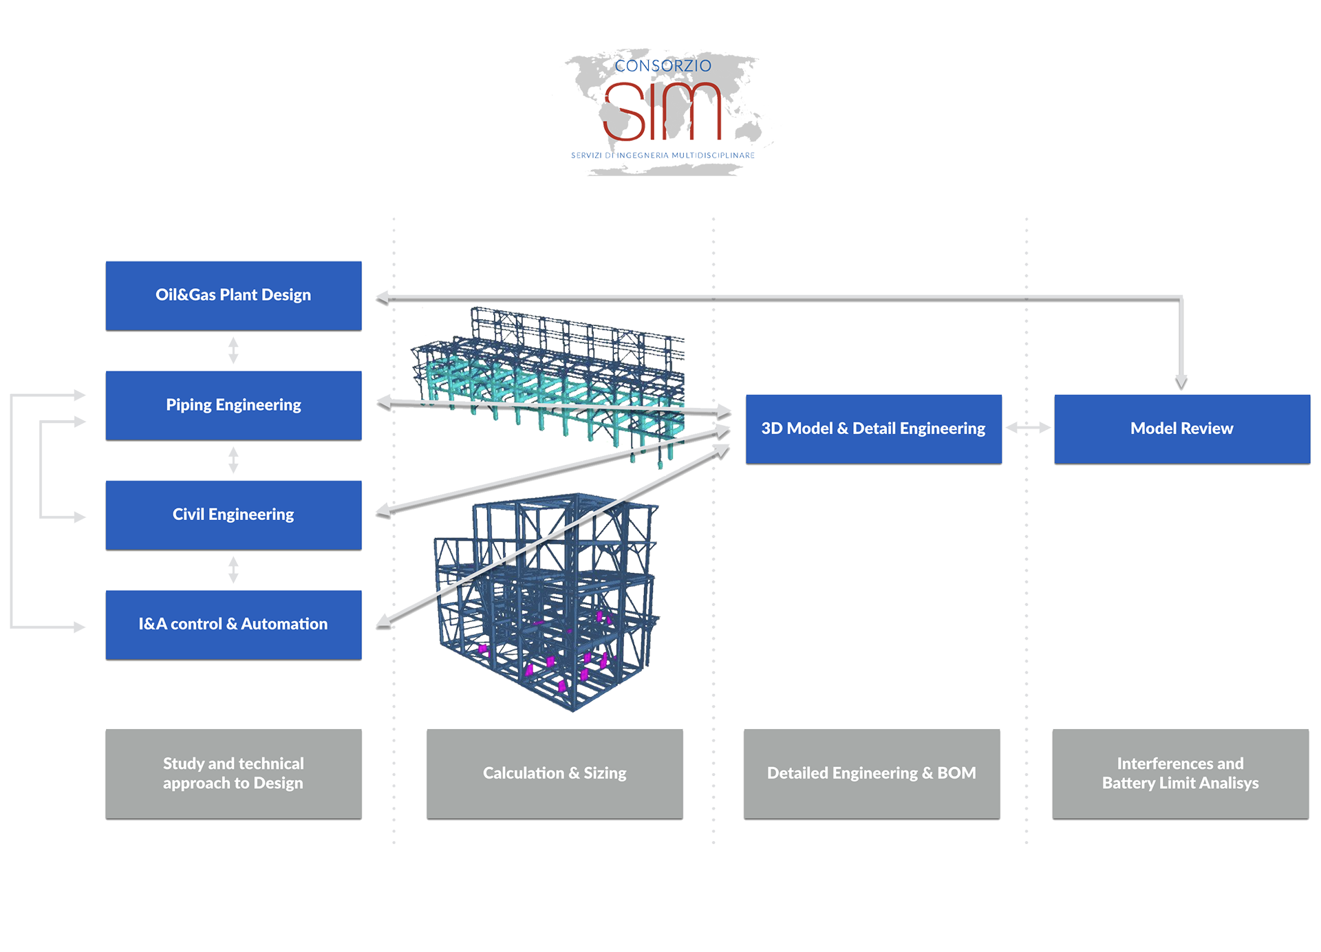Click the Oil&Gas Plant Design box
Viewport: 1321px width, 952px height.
pos(233,296)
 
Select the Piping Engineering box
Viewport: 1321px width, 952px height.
pos(233,406)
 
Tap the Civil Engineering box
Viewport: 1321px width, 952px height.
pos(233,515)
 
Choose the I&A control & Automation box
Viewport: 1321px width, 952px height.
pos(233,625)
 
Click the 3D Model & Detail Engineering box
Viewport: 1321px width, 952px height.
pos(873,429)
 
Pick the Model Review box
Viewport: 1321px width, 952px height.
pos(1182,429)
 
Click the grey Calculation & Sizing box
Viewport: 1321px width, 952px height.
pos(555,774)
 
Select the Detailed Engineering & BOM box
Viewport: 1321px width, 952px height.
pos(872,774)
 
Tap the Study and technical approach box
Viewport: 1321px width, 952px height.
pos(233,774)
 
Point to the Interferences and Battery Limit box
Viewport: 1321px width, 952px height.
pos(1181,774)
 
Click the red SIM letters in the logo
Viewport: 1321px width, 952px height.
pos(662,111)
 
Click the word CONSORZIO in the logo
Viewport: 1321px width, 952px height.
pos(663,66)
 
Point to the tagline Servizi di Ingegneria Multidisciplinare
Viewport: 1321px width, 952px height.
pos(663,155)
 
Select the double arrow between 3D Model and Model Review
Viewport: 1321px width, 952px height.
pos(1028,428)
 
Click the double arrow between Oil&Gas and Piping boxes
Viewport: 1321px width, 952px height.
pos(233,350)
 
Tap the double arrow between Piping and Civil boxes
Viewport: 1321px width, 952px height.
pos(233,460)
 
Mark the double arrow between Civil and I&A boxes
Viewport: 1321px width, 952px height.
pos(233,570)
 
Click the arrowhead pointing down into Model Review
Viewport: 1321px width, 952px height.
pos(1181,382)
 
